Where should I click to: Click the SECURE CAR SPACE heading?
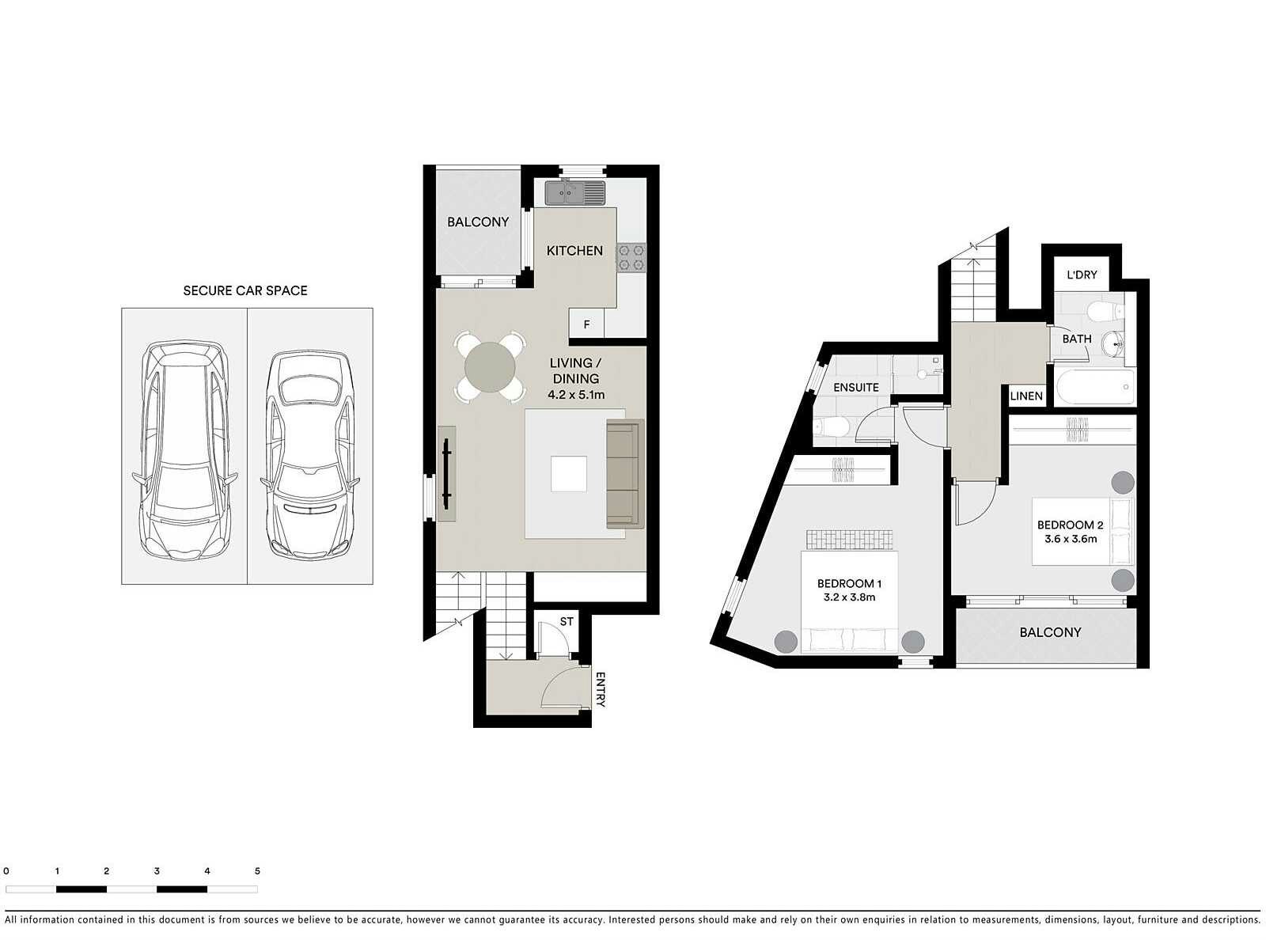tap(244, 290)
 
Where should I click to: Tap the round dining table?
tap(490, 367)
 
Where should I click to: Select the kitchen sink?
tap(574, 192)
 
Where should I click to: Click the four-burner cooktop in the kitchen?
tap(631, 258)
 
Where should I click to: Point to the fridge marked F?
tap(586, 324)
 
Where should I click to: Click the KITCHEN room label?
tap(574, 251)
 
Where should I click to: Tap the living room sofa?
tap(624, 474)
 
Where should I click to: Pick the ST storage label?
tap(567, 622)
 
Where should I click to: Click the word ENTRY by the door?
tap(600, 690)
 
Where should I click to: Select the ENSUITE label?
tap(856, 387)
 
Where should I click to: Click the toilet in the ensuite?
tap(832, 428)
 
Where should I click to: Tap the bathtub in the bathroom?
tap(1094, 388)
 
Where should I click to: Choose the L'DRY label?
tap(1082, 275)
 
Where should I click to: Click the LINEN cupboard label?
tap(1026, 396)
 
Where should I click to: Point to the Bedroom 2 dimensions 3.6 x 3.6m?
tap(1071, 539)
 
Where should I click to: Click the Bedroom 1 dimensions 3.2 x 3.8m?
tap(849, 597)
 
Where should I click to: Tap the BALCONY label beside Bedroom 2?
tap(1050, 632)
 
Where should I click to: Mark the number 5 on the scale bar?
tap(257, 870)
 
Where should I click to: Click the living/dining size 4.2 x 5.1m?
tap(576, 394)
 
